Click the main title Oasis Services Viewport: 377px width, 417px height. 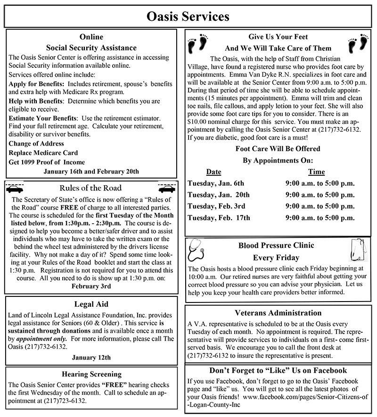[x=188, y=16]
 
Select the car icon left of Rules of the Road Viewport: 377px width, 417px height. [x=16, y=188]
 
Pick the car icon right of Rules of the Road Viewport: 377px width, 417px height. [x=167, y=188]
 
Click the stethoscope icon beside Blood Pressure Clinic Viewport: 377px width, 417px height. [x=197, y=250]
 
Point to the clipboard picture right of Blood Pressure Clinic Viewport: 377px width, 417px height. [x=358, y=249]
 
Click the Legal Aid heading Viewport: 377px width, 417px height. [x=91, y=304]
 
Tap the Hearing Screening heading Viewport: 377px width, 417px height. [x=91, y=375]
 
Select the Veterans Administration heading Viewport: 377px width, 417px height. [x=278, y=313]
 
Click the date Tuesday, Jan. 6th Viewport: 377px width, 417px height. [x=216, y=183]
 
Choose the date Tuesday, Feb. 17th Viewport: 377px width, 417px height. [x=219, y=218]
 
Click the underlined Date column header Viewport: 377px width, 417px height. [x=213, y=172]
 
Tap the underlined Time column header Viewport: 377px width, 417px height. [x=316, y=172]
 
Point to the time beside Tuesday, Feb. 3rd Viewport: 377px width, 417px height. [x=320, y=206]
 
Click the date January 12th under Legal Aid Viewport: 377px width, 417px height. [x=91, y=357]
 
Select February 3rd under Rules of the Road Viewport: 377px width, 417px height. [x=91, y=286]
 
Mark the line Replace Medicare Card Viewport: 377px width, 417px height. [x=43, y=153]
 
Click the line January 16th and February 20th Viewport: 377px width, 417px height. [x=91, y=171]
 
